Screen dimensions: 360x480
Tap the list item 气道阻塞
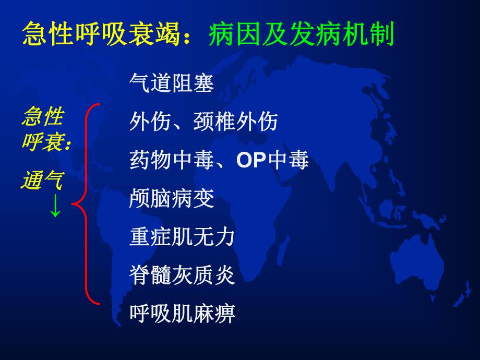tap(171, 83)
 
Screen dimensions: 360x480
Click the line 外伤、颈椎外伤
tap(203, 122)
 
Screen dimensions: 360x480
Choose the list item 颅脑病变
tap(171, 199)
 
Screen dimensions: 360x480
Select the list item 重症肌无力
tap(182, 237)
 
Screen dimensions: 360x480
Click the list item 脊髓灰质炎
tap(182, 275)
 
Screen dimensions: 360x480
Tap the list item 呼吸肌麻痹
tap(182, 314)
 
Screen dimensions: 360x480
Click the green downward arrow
tap(55, 208)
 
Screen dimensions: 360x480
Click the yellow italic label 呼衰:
tap(46, 142)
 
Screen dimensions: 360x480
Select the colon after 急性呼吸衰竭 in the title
tap(197, 38)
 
